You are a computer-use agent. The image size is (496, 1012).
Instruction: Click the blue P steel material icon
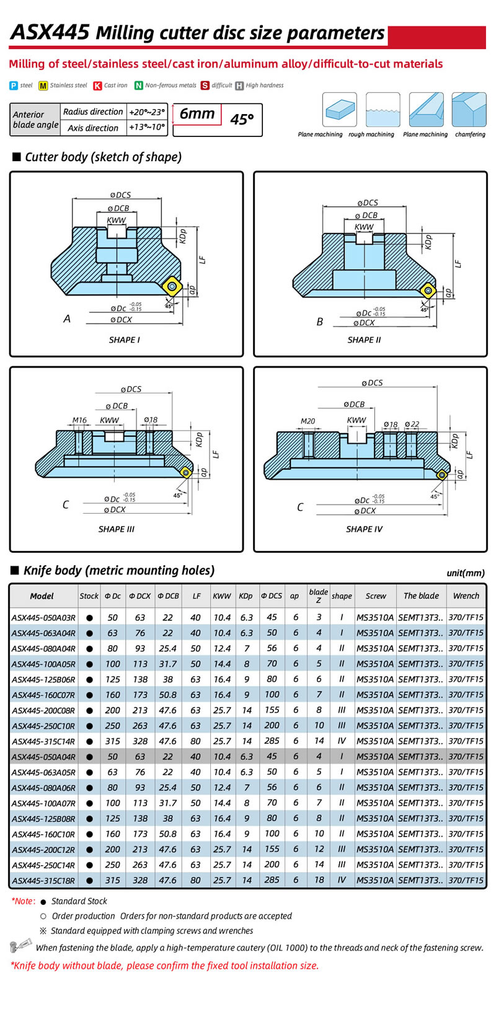tap(14, 86)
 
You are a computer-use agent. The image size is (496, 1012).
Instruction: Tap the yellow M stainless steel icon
tap(43, 86)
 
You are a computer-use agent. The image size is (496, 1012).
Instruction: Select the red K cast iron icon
tap(98, 86)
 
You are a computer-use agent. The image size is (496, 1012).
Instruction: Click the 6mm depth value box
tap(197, 114)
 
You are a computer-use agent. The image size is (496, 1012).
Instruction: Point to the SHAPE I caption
tap(124, 340)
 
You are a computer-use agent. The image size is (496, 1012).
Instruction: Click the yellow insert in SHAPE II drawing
tap(427, 289)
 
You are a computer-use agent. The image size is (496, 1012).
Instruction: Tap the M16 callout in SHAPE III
tap(79, 420)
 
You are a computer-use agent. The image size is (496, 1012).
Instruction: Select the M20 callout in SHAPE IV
tap(308, 421)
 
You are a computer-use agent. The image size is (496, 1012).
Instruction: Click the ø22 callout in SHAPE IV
tap(412, 425)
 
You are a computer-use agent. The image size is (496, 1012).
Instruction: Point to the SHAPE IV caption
tap(364, 529)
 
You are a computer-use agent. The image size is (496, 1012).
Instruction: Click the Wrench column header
tap(466, 596)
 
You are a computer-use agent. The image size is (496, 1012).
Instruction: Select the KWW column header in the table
tap(221, 596)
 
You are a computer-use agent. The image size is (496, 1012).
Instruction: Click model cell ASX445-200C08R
tap(43, 710)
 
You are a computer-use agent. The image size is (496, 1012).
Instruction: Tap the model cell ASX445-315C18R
tap(43, 880)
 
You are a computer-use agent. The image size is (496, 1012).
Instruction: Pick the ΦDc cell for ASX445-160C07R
tap(112, 695)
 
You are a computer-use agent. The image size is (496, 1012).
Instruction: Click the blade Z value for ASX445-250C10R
tap(319, 726)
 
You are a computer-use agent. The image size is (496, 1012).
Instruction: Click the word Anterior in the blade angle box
tap(29, 115)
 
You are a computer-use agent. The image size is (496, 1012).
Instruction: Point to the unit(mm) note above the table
tap(466, 573)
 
